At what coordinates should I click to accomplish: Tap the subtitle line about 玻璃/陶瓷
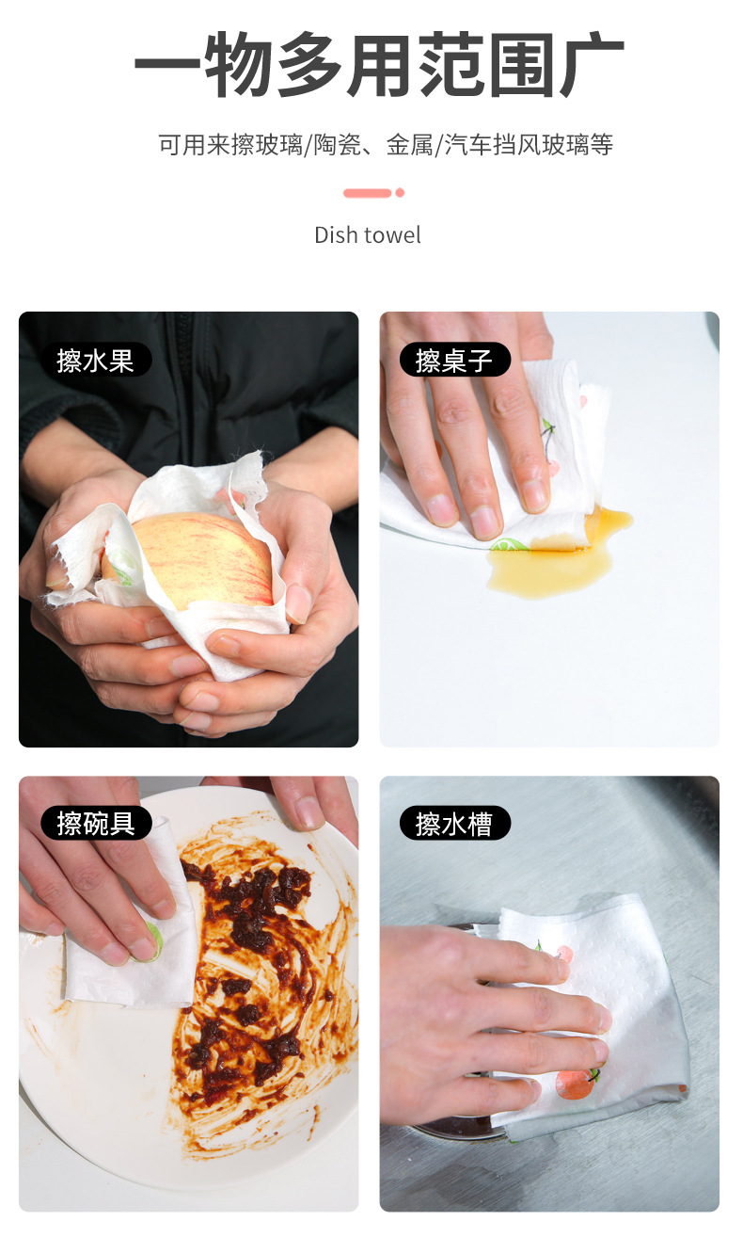tap(386, 145)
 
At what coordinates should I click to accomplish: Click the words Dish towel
tap(368, 234)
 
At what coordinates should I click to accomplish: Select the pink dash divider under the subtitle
tap(368, 193)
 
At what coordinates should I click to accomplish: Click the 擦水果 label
tap(96, 360)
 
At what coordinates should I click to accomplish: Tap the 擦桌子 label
tap(455, 360)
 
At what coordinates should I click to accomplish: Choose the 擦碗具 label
tap(96, 823)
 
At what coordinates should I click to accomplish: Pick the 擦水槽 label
tap(455, 823)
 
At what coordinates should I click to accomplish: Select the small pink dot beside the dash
tap(400, 193)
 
